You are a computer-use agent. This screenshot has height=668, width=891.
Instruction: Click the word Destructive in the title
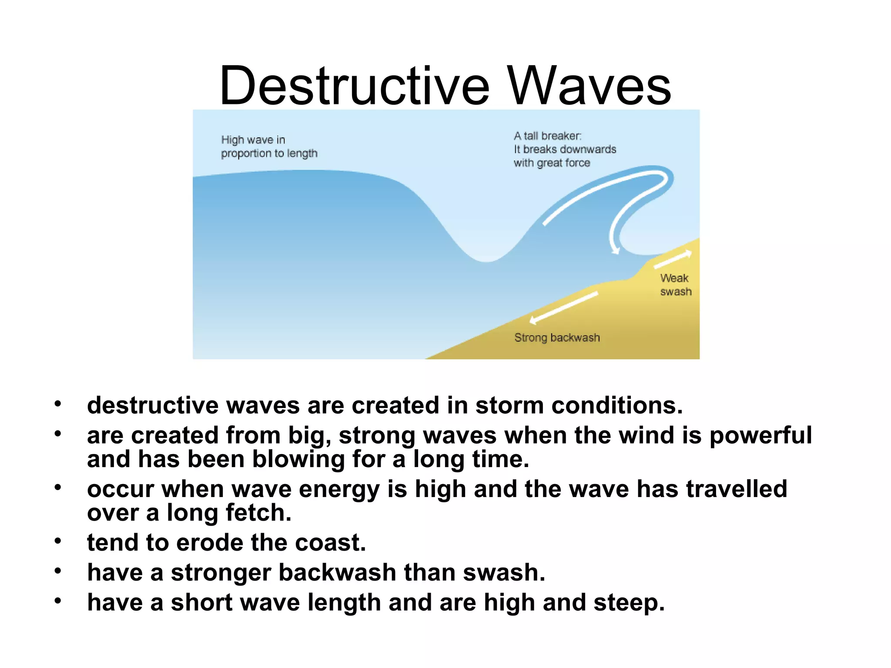355,86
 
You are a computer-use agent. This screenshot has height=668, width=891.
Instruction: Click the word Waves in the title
590,86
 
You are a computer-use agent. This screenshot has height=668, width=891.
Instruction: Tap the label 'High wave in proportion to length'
269,147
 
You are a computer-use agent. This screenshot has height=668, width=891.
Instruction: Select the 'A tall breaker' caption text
564,149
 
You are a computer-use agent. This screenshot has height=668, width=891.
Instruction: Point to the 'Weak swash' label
675,285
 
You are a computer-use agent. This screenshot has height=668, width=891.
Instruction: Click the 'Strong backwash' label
557,337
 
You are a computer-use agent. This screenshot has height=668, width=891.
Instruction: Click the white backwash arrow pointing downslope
563,308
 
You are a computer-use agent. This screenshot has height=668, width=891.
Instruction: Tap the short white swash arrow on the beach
673,260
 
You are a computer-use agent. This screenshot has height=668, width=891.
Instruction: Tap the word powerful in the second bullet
760,435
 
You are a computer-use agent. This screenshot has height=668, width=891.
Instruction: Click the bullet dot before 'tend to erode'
58,541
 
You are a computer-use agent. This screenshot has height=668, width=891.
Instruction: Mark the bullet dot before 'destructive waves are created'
58,404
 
